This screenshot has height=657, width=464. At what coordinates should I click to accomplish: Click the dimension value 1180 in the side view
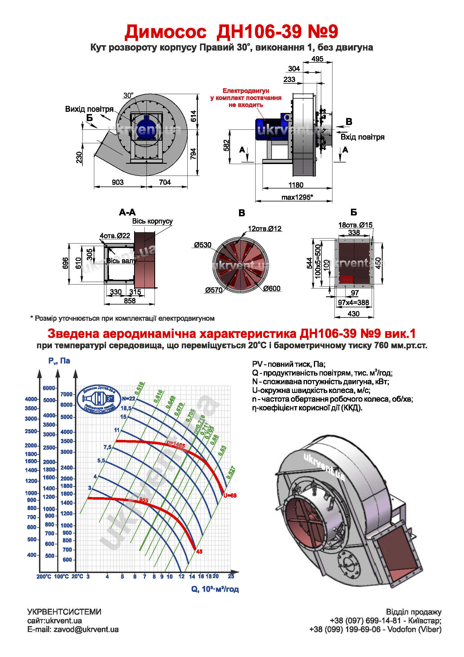296,185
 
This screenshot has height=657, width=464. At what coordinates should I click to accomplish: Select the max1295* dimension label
297,197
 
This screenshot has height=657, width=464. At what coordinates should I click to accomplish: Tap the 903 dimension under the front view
118,182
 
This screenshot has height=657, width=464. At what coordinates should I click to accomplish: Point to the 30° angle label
128,95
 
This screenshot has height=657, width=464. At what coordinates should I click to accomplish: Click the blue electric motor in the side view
268,129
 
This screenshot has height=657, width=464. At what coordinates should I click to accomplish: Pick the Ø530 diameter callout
203,245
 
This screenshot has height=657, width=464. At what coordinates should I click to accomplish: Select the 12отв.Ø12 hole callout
265,229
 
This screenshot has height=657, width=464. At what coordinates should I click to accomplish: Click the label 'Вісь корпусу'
152,221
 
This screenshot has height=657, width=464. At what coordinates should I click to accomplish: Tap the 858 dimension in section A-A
130,301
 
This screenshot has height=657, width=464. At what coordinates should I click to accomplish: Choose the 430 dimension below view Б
353,314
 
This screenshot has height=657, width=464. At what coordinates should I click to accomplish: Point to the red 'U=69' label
230,495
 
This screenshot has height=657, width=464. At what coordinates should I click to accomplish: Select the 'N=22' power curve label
128,399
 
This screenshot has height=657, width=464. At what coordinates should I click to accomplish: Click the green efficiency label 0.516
140,388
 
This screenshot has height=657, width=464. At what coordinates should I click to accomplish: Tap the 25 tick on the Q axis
231,576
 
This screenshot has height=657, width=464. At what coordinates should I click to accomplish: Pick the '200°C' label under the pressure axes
44,577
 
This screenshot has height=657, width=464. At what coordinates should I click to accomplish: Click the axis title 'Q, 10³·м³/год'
215,589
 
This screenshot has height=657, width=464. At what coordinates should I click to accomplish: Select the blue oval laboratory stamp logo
99,399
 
